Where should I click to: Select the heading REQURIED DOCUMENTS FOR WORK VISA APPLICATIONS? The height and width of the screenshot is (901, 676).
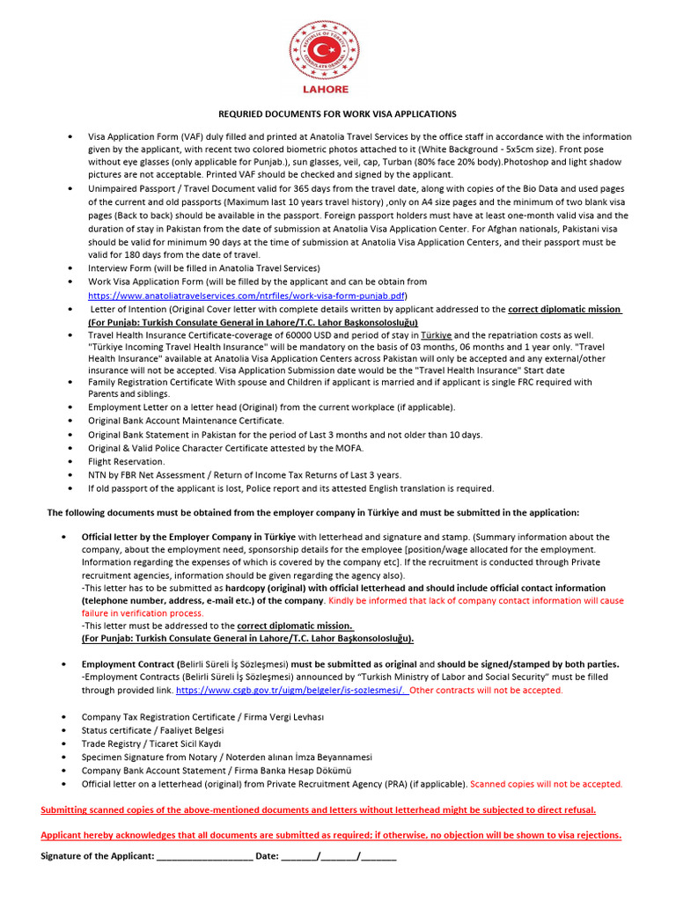[337, 114]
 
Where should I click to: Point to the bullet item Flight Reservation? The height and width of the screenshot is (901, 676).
[126, 461]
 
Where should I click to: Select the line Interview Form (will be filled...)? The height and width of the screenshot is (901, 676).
[204, 267]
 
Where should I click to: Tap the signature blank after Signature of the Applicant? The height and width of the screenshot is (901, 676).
[203, 855]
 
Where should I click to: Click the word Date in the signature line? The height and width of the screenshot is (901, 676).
[267, 855]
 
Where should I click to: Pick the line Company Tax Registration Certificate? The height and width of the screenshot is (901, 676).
[203, 717]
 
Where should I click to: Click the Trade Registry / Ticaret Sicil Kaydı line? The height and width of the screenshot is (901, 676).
[151, 744]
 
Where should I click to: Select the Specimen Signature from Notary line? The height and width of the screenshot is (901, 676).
[227, 757]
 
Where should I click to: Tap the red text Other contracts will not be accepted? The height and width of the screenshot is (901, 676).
[487, 691]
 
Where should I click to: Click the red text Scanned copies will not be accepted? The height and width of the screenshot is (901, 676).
[547, 783]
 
